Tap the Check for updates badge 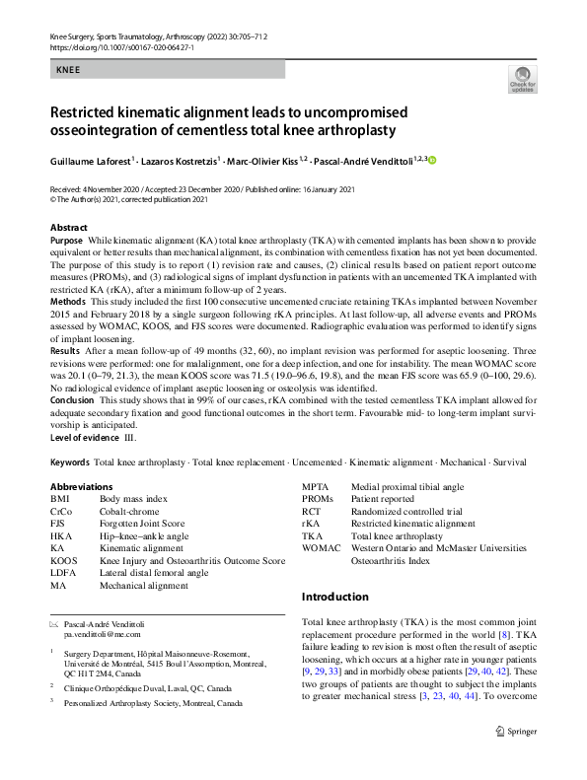(522, 80)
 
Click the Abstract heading (68, 228)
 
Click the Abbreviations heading (83, 486)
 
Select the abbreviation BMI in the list (59, 500)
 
